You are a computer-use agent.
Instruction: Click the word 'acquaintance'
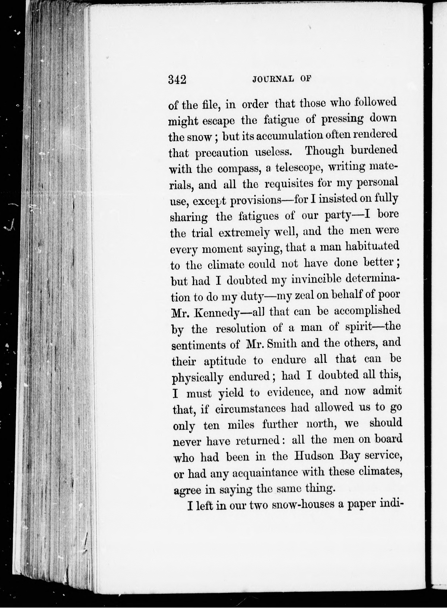[x=265, y=473]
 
